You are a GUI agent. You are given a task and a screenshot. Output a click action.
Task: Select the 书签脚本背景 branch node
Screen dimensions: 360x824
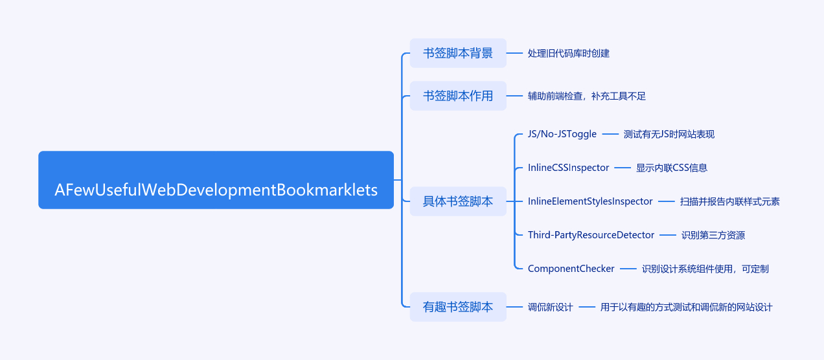(458, 53)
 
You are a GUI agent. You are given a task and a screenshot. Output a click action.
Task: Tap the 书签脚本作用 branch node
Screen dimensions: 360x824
(458, 96)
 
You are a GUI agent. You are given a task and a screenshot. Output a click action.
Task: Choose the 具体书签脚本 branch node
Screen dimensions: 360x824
(458, 201)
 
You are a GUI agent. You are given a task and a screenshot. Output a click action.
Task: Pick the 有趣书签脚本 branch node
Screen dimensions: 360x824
(458, 307)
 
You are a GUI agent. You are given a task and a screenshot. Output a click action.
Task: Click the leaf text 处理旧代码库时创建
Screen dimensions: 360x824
(568, 53)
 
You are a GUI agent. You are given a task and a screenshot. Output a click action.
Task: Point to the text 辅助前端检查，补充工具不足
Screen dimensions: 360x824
(586, 96)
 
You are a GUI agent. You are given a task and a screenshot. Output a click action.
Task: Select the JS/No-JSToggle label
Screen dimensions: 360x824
(562, 134)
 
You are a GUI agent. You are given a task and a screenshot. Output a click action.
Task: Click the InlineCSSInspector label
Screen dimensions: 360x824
(568, 168)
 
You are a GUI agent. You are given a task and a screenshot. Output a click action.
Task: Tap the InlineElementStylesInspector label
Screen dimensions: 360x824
(590, 201)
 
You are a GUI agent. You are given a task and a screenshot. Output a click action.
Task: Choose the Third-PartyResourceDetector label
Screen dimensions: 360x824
(591, 235)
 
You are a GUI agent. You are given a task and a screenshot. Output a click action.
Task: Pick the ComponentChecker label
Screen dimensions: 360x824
(571, 269)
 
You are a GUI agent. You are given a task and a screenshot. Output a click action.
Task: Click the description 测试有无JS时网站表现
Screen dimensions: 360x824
(669, 134)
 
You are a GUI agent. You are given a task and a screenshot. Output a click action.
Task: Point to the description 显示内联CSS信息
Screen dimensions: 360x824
(671, 168)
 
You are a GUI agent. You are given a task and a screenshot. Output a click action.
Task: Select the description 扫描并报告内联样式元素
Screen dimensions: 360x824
(729, 201)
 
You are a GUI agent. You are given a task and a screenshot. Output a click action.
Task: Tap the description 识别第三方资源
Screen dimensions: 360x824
(713, 235)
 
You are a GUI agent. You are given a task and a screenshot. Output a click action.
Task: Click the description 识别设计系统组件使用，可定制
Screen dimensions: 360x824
(705, 269)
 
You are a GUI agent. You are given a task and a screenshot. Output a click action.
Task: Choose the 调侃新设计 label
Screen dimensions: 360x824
(550, 307)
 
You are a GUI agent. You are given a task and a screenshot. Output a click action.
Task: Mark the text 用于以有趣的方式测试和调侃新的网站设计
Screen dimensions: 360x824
(686, 307)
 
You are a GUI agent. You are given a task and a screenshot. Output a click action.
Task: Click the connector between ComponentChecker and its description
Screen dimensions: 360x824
(628, 269)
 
